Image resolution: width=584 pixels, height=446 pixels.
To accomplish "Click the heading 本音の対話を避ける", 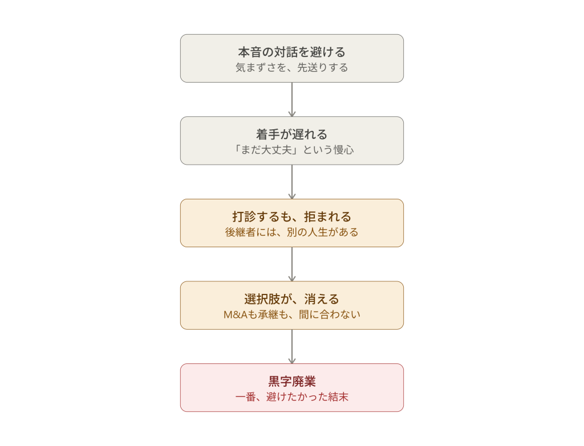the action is click(x=291, y=52).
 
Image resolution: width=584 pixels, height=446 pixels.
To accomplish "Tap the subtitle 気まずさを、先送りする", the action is click(x=291, y=67).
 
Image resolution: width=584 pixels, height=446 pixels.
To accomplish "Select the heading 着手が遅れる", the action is click(x=291, y=134).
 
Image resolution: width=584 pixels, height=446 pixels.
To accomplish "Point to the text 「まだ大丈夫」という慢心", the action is click(x=291, y=150).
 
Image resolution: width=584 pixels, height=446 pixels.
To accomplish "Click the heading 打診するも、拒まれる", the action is click(x=291, y=216).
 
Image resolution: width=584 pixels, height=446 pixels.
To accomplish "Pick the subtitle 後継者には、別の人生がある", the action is click(x=291, y=232).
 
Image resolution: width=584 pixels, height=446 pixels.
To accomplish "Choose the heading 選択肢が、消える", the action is click(x=291, y=299).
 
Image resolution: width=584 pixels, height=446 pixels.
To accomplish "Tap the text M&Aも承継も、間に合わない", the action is click(x=291, y=314).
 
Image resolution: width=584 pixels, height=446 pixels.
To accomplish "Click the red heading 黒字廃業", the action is click(x=291, y=381).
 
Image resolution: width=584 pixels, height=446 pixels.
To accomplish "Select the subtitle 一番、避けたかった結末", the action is click(x=291, y=397).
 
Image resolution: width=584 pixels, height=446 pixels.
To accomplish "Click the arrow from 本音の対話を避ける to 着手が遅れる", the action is click(x=292, y=100).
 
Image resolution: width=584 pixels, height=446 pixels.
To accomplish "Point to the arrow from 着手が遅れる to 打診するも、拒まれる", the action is click(x=292, y=182).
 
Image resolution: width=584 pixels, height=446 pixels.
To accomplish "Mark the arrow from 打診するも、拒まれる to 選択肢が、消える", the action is click(x=292, y=264).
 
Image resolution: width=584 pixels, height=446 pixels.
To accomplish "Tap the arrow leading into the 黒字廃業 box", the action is click(x=292, y=347).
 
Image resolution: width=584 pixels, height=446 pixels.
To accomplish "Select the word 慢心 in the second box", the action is click(x=343, y=150).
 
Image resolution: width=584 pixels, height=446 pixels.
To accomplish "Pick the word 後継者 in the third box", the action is click(x=240, y=232).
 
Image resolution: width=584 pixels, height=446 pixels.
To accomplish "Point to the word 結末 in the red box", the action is click(x=338, y=397).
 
